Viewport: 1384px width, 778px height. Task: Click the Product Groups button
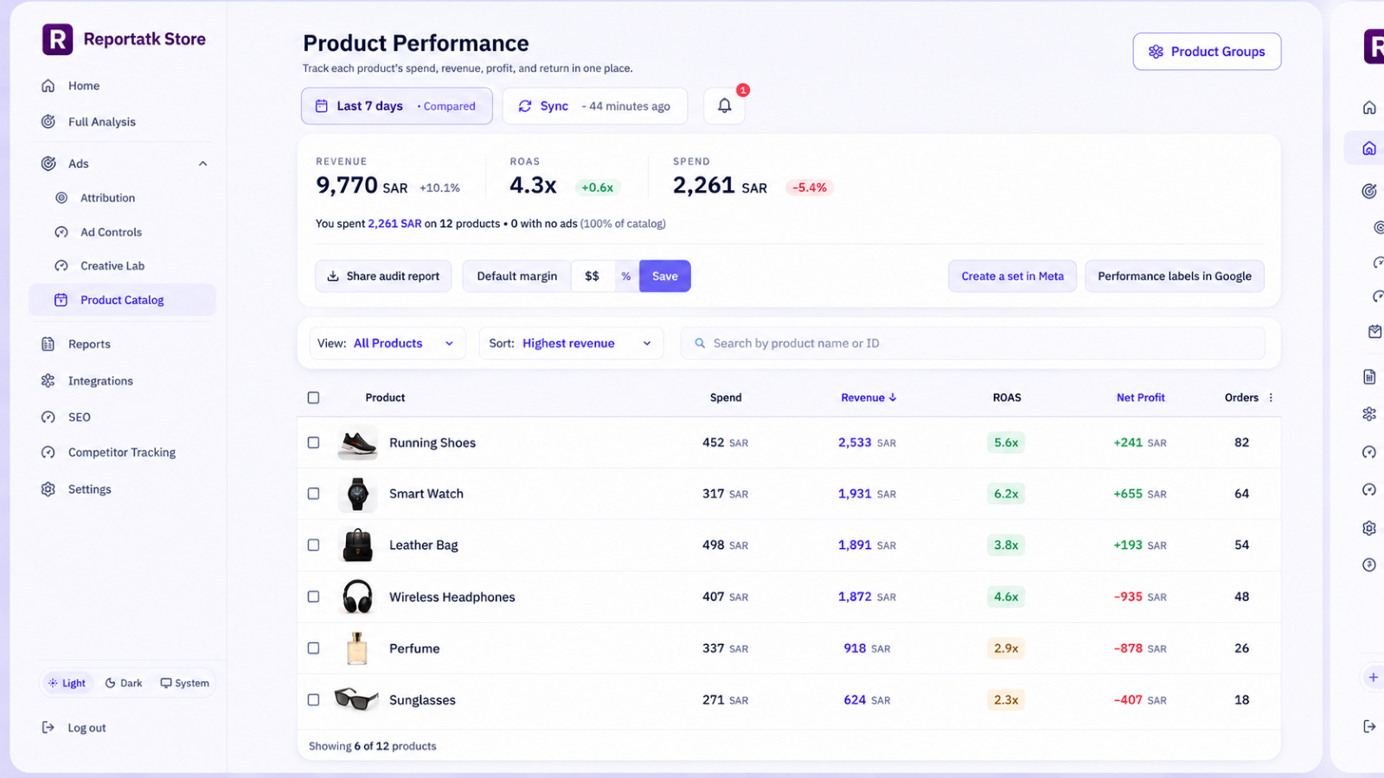1207,51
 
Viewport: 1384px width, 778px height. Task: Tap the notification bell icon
724,105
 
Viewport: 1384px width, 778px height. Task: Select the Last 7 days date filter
397,105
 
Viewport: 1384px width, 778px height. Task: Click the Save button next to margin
665,276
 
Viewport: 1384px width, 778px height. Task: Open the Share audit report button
383,276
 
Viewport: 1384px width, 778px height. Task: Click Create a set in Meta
1012,276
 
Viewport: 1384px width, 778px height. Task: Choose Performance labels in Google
1174,276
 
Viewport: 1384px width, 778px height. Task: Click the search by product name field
972,343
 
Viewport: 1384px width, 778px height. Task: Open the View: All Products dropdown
388,343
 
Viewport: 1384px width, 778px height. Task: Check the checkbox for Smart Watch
313,494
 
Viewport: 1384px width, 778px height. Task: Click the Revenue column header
868,398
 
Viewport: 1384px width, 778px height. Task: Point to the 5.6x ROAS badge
1006,443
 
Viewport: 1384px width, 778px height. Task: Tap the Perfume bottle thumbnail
357,648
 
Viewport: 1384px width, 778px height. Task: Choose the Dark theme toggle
124,683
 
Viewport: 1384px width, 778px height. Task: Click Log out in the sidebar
74,728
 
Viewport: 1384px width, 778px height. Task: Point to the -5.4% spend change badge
810,188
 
